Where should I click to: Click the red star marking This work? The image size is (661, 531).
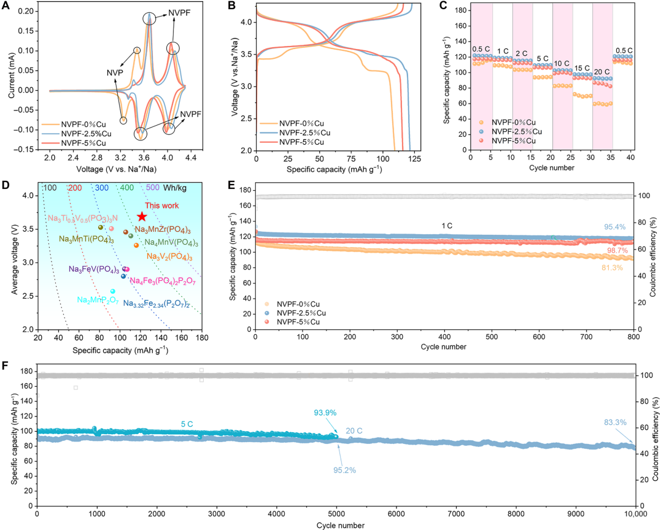[142, 216]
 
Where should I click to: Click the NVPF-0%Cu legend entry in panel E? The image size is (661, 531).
[299, 304]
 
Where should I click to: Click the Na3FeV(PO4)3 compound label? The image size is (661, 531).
[93, 270]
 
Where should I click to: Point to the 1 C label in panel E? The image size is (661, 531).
[446, 226]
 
